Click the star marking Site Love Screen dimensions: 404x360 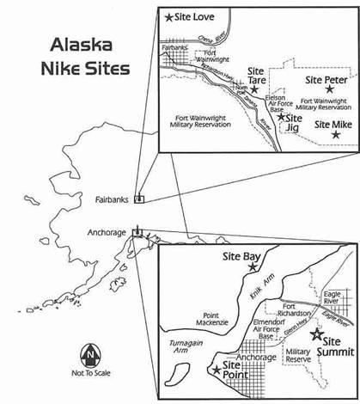point(169,16)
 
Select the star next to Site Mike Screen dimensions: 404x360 point(336,133)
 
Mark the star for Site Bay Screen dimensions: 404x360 point(252,267)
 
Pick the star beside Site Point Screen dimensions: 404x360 point(215,370)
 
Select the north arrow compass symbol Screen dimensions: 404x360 point(88,354)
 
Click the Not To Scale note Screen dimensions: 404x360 point(88,375)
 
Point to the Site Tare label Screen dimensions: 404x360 point(256,76)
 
